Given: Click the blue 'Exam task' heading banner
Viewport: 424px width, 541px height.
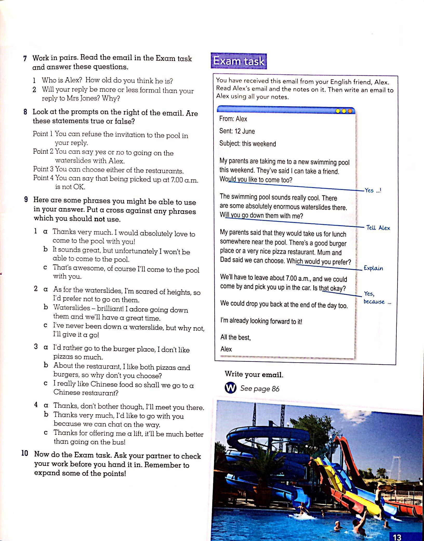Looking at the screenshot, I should click(239, 61).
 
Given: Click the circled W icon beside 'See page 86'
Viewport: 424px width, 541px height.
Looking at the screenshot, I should click(230, 388).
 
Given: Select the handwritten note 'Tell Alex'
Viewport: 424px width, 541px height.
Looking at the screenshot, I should click(378, 228).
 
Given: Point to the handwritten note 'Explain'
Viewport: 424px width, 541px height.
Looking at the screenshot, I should click(373, 268).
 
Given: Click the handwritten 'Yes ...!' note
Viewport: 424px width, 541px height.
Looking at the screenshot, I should click(373, 190).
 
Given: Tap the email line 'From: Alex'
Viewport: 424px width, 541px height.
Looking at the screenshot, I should click(233, 119).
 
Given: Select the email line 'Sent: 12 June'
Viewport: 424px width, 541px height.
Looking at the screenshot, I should click(237, 131).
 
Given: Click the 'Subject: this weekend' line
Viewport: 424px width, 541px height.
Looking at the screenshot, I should click(248, 144).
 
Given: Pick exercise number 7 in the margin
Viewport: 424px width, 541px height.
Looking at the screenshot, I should click(25, 58).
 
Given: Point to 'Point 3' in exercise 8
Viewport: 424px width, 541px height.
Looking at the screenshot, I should click(43, 169).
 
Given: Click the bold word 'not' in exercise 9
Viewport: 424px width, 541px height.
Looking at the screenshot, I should click(99, 219).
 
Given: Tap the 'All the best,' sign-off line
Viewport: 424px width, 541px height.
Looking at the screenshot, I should click(235, 337).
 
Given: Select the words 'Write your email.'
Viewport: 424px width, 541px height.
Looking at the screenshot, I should click(254, 374).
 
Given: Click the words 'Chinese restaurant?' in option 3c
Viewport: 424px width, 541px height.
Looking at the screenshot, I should click(86, 392).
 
